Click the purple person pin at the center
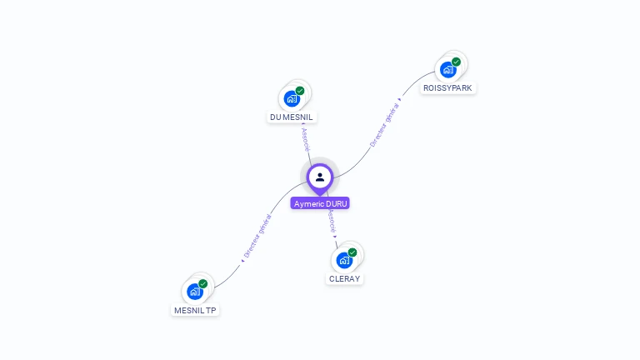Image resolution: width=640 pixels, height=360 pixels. [x=320, y=177]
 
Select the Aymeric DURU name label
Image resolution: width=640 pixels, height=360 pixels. [x=320, y=203]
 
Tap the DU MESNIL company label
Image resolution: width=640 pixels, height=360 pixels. [x=292, y=117]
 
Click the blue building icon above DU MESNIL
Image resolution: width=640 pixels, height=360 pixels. [x=292, y=98]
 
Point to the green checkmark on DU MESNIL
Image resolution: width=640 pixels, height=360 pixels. [x=300, y=91]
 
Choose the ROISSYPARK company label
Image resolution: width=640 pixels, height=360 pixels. [x=447, y=87]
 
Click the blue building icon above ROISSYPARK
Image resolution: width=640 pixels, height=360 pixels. [x=448, y=69]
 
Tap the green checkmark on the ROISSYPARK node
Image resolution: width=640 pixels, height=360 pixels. [x=457, y=62]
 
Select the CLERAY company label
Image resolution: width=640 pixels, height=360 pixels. [x=344, y=278]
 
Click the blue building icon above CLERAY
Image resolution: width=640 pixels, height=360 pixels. [x=344, y=260]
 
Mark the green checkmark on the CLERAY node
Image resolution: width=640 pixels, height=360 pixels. [x=352, y=252]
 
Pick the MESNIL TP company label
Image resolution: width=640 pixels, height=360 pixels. [x=195, y=310]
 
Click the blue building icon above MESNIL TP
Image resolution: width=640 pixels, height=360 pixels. [x=195, y=292]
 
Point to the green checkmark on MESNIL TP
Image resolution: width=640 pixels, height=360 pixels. [x=203, y=284]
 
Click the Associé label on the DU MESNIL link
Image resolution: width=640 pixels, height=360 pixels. [x=305, y=139]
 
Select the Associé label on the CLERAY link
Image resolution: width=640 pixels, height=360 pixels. [x=331, y=221]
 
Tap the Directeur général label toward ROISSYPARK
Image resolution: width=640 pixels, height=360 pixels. [x=385, y=123]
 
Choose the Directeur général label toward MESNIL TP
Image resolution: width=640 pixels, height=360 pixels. [x=257, y=237]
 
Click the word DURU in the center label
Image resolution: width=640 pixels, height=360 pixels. [x=336, y=203]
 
